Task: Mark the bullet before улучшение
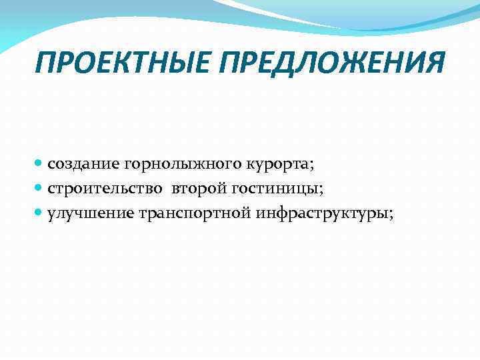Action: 39,213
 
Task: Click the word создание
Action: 83,165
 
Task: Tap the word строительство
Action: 104,189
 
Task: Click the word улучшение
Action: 91,215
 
